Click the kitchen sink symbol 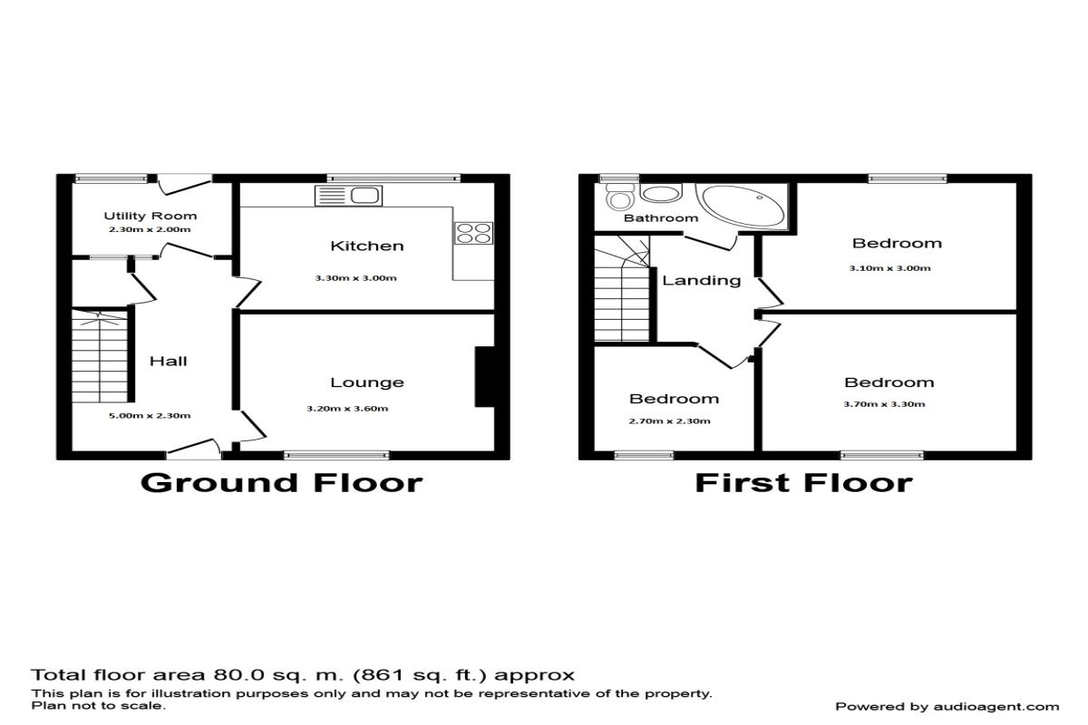[x=348, y=196]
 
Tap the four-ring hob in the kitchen [x=473, y=233]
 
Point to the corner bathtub [x=743, y=205]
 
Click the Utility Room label [x=151, y=216]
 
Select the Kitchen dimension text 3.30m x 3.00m [x=356, y=278]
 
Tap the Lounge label [x=367, y=382]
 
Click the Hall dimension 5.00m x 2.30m [x=150, y=416]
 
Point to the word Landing [x=702, y=280]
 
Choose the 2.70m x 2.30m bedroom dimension [x=670, y=421]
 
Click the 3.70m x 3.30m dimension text [x=885, y=404]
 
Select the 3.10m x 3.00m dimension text [x=889, y=268]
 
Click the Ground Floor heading [x=282, y=483]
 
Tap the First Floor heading [x=804, y=483]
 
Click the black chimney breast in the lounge [x=485, y=376]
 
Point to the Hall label [x=168, y=361]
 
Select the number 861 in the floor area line [x=378, y=675]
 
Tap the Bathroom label [x=661, y=218]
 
